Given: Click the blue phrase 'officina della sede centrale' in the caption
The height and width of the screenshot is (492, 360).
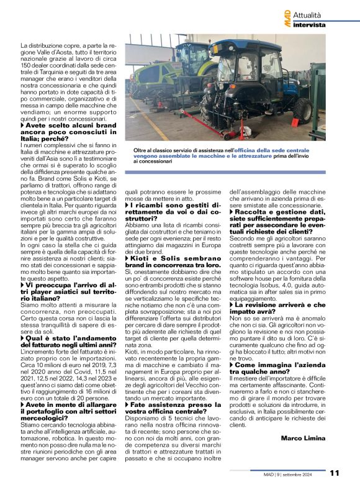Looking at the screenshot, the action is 276,150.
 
